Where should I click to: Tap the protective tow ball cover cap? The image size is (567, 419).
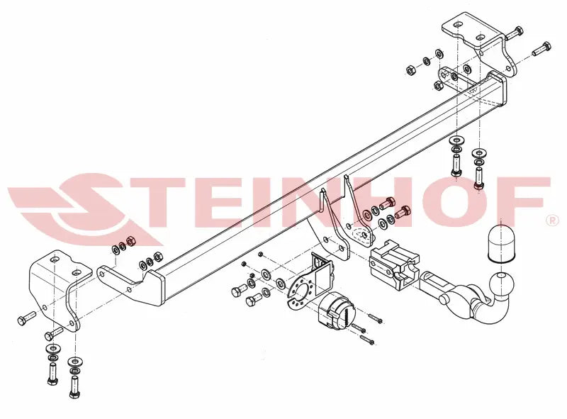[502, 244]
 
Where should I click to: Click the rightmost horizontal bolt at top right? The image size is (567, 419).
[541, 49]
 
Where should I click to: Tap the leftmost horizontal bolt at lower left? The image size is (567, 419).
[26, 318]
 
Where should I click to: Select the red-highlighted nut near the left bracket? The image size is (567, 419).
[130, 240]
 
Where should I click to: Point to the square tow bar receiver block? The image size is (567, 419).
[394, 264]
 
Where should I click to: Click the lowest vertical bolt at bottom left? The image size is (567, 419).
[74, 386]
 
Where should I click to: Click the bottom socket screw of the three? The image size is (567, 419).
[366, 340]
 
